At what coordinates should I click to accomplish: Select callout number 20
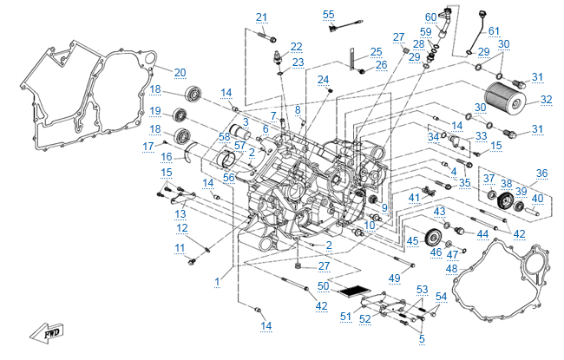pyautogui.click(x=180, y=72)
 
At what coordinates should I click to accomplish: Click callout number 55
pyautogui.click(x=328, y=15)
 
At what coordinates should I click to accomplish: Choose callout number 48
pyautogui.click(x=451, y=269)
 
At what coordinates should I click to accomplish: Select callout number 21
pyautogui.click(x=262, y=17)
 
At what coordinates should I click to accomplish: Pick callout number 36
pyautogui.click(x=542, y=173)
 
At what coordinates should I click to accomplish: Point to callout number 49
pyautogui.click(x=394, y=278)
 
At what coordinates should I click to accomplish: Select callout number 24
pyautogui.click(x=323, y=80)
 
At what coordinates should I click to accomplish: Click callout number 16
pyautogui.click(x=166, y=157)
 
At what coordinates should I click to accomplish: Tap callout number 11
pyautogui.click(x=180, y=248)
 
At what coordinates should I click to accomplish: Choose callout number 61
pyautogui.click(x=494, y=31)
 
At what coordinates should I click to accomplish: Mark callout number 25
pyautogui.click(x=376, y=52)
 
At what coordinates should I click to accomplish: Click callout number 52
pyautogui.click(x=364, y=319)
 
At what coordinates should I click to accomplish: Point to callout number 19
pyautogui.click(x=155, y=111)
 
